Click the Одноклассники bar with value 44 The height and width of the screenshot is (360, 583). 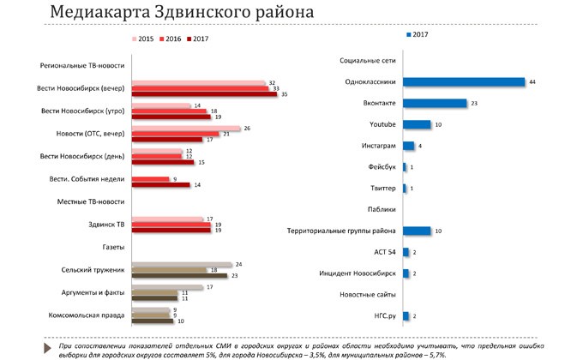(x=463, y=82)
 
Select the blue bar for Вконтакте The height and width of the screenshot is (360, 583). (x=435, y=104)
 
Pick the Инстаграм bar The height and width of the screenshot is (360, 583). (x=408, y=146)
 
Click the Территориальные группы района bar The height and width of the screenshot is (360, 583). (x=417, y=231)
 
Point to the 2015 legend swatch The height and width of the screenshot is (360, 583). (x=135, y=39)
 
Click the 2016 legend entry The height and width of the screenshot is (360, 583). (x=169, y=39)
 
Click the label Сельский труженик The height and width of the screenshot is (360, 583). (x=93, y=270)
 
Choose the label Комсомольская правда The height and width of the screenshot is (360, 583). (x=89, y=315)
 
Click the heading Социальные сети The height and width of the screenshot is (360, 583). (x=368, y=62)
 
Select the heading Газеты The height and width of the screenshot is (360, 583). (x=113, y=247)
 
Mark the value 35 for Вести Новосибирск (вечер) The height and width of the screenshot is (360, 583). (x=285, y=95)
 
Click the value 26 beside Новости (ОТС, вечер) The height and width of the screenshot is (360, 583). (x=247, y=129)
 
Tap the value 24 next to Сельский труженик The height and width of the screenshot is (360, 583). (x=239, y=265)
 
